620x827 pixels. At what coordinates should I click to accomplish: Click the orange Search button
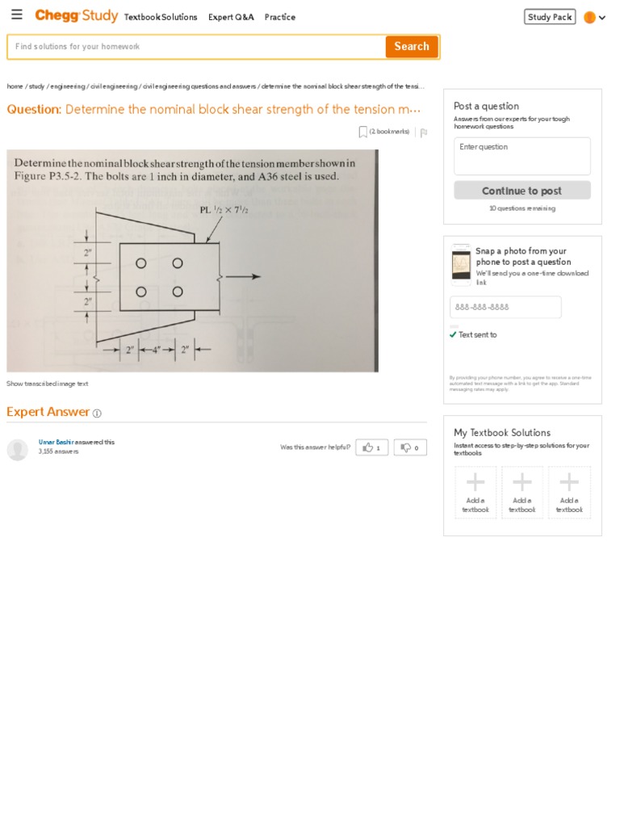412,47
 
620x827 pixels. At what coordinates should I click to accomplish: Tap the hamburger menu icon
17,15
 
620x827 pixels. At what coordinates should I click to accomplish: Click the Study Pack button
550,17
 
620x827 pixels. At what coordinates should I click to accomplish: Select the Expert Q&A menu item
231,17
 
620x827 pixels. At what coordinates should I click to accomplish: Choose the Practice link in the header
280,17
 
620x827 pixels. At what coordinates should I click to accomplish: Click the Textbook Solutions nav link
161,17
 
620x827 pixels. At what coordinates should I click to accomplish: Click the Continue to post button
522,191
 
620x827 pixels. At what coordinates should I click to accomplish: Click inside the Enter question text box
522,157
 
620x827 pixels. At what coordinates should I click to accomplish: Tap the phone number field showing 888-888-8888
505,308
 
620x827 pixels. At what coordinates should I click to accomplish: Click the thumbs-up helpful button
371,447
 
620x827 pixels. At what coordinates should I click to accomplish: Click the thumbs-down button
410,447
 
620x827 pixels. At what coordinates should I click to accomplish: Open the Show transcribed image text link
48,384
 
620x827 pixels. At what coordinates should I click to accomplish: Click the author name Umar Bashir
56,442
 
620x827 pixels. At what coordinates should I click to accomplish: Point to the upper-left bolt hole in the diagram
141,263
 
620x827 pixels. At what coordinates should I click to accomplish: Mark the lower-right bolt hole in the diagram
178,292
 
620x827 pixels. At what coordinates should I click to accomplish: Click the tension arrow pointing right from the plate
242,277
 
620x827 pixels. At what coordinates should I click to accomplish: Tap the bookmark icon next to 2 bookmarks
363,132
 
